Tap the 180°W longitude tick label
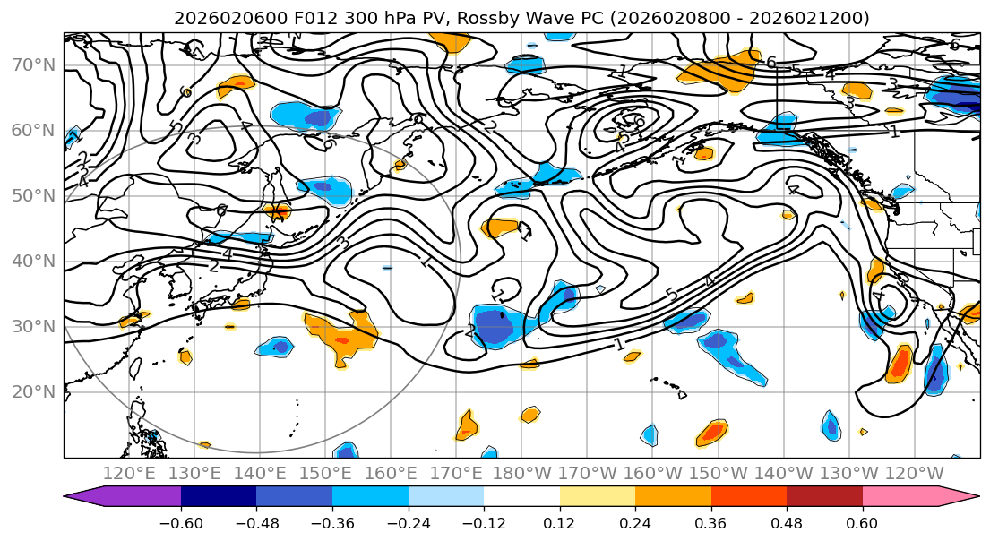[521, 473]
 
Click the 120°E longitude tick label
[130, 473]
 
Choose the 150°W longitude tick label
[719, 473]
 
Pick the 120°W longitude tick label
[914, 473]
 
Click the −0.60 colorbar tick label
[181, 522]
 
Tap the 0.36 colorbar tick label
[710, 522]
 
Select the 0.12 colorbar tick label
[559, 522]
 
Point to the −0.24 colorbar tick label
[408, 522]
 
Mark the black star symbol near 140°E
[278, 212]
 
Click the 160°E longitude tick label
[391, 473]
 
